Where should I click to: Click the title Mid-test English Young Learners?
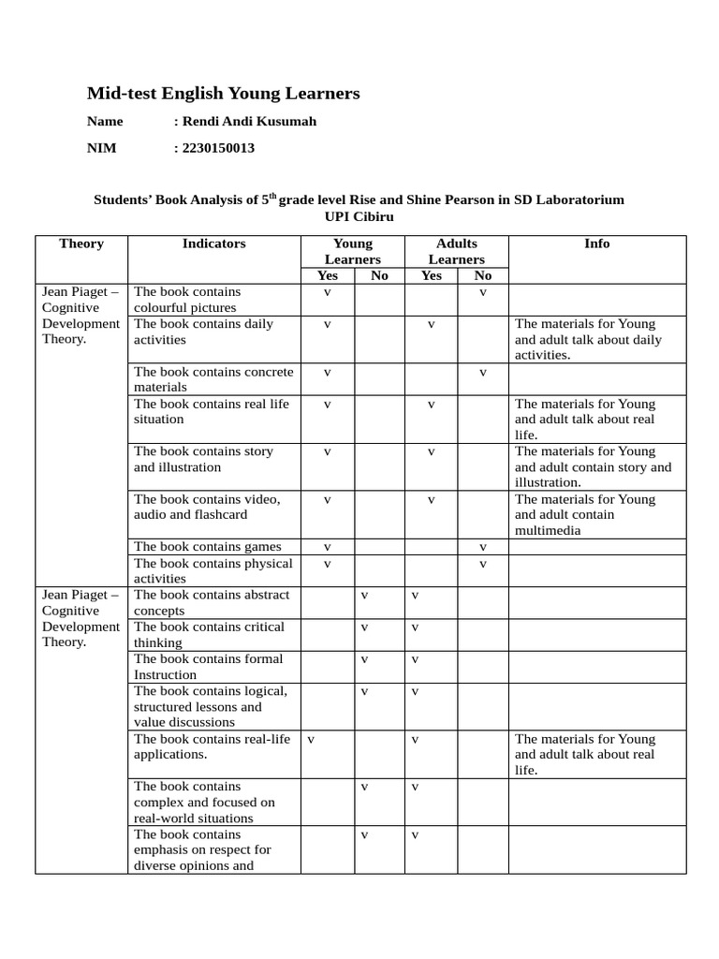(223, 93)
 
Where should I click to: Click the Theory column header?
(81, 243)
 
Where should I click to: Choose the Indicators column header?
(213, 243)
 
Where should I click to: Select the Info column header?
(596, 243)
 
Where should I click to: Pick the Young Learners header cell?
(353, 251)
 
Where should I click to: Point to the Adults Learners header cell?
(457, 251)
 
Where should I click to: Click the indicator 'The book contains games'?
(207, 546)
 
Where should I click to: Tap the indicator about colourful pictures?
(186, 300)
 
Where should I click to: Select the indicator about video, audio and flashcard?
(207, 507)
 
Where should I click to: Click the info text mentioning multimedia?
(585, 514)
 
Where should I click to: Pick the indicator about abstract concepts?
(212, 602)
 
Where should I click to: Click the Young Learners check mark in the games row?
(328, 546)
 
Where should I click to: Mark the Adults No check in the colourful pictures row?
(483, 292)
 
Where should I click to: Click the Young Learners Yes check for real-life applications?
(310, 739)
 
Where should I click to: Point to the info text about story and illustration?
(594, 466)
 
